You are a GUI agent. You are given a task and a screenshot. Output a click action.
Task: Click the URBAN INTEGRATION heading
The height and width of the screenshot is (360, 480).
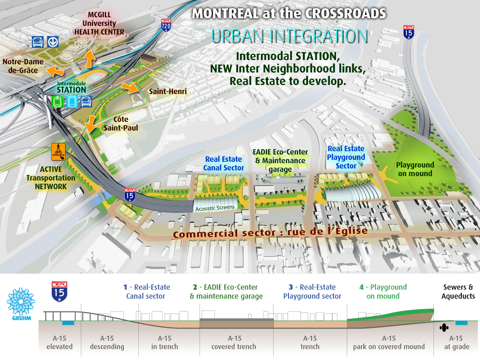coord(290,36)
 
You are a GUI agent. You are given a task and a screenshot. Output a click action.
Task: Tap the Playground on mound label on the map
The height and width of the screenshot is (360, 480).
coord(415,169)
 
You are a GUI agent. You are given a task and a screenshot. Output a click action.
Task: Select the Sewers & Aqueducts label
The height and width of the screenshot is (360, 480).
coord(458,291)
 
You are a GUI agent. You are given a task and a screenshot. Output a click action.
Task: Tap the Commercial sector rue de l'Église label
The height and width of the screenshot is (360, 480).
coord(270,233)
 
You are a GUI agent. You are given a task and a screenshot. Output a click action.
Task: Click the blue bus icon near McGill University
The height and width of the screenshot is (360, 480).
coord(37,42)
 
